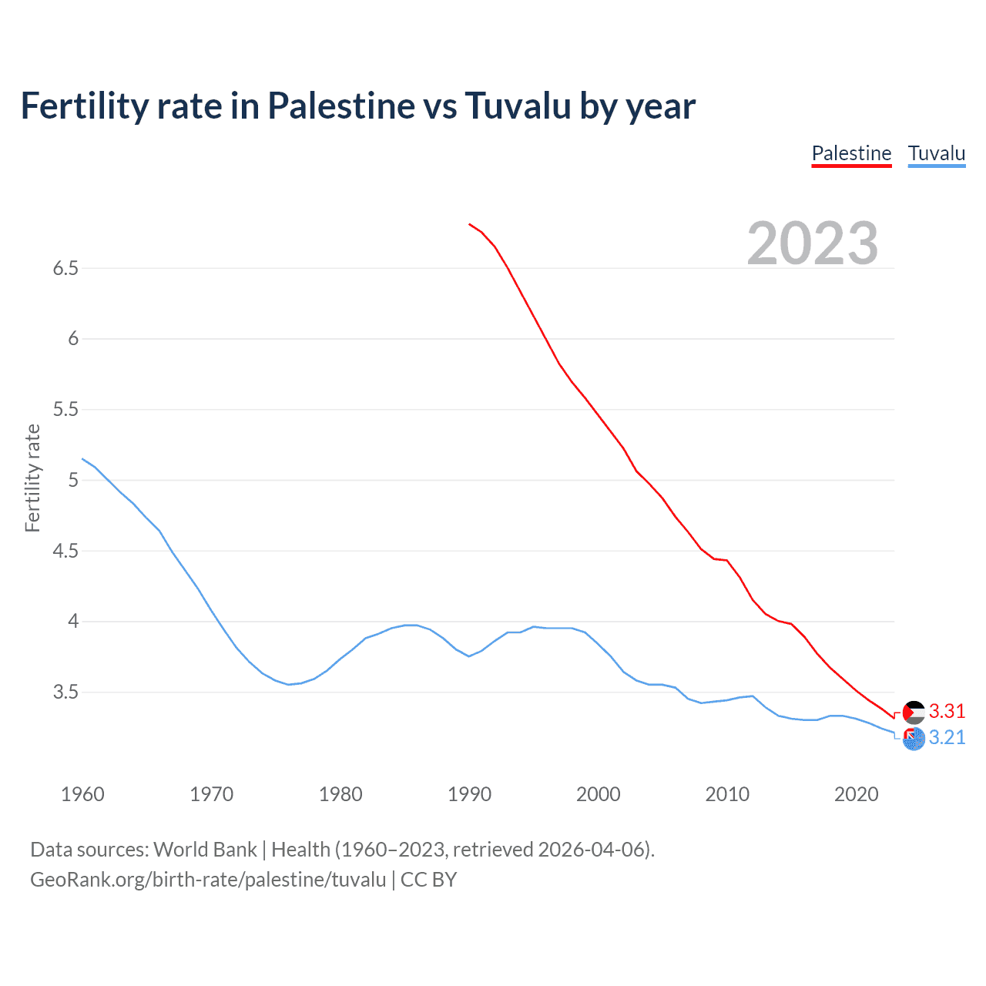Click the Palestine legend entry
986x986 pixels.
pos(851,153)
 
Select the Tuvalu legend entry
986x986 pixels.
pos(936,153)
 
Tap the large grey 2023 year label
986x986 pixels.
pos(812,243)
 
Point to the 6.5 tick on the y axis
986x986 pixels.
pos(65,268)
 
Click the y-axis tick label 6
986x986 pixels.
pos(73,339)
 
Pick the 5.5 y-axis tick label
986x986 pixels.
pos(65,409)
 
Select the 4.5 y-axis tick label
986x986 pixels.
pos(65,551)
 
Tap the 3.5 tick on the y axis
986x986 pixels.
pos(65,692)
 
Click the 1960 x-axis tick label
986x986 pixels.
pos(82,794)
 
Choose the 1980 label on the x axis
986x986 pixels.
pos(340,794)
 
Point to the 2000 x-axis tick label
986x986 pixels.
pos(599,794)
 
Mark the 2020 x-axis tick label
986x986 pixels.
pos(856,794)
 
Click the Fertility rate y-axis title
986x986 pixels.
pos(32,478)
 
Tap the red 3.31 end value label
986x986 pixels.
pos(947,711)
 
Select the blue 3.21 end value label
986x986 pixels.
pos(947,737)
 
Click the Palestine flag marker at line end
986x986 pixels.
pos(914,712)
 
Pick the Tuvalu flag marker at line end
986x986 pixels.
pos(914,739)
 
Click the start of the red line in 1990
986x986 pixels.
pos(470,224)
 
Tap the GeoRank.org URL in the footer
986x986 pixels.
pos(208,880)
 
